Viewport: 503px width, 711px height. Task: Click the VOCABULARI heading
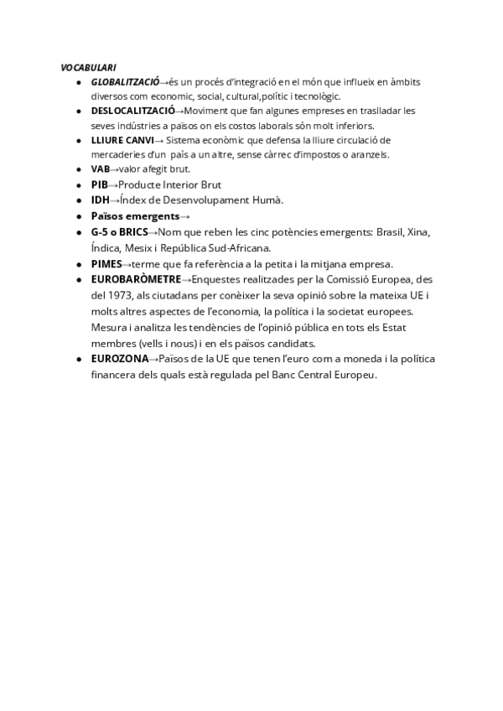[x=88, y=67]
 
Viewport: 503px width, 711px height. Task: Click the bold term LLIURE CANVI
[x=122, y=140]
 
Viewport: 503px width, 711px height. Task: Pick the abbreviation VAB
[x=100, y=169]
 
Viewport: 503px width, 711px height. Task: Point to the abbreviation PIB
[x=100, y=184]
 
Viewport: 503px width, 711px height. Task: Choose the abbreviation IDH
[x=100, y=200]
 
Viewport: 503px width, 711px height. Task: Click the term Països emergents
[x=135, y=215]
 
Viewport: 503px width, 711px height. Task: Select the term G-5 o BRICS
[x=119, y=231]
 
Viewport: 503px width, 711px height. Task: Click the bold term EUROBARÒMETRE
[x=136, y=279]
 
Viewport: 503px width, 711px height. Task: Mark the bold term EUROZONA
[x=120, y=359]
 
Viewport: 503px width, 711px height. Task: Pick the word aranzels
[x=370, y=155]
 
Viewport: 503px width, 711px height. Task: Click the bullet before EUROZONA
[x=78, y=359]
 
